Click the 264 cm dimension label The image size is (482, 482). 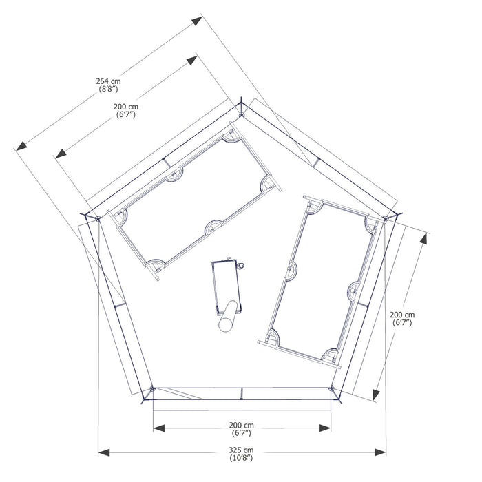109,81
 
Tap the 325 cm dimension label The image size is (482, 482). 241,450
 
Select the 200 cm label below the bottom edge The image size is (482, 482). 241,426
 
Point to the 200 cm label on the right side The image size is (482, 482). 402,315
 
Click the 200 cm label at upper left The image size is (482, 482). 126,107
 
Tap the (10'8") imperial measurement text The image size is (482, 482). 241,458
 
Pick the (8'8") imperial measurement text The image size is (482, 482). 109,89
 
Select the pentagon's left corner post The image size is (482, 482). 98,219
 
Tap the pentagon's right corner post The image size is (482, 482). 386,218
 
